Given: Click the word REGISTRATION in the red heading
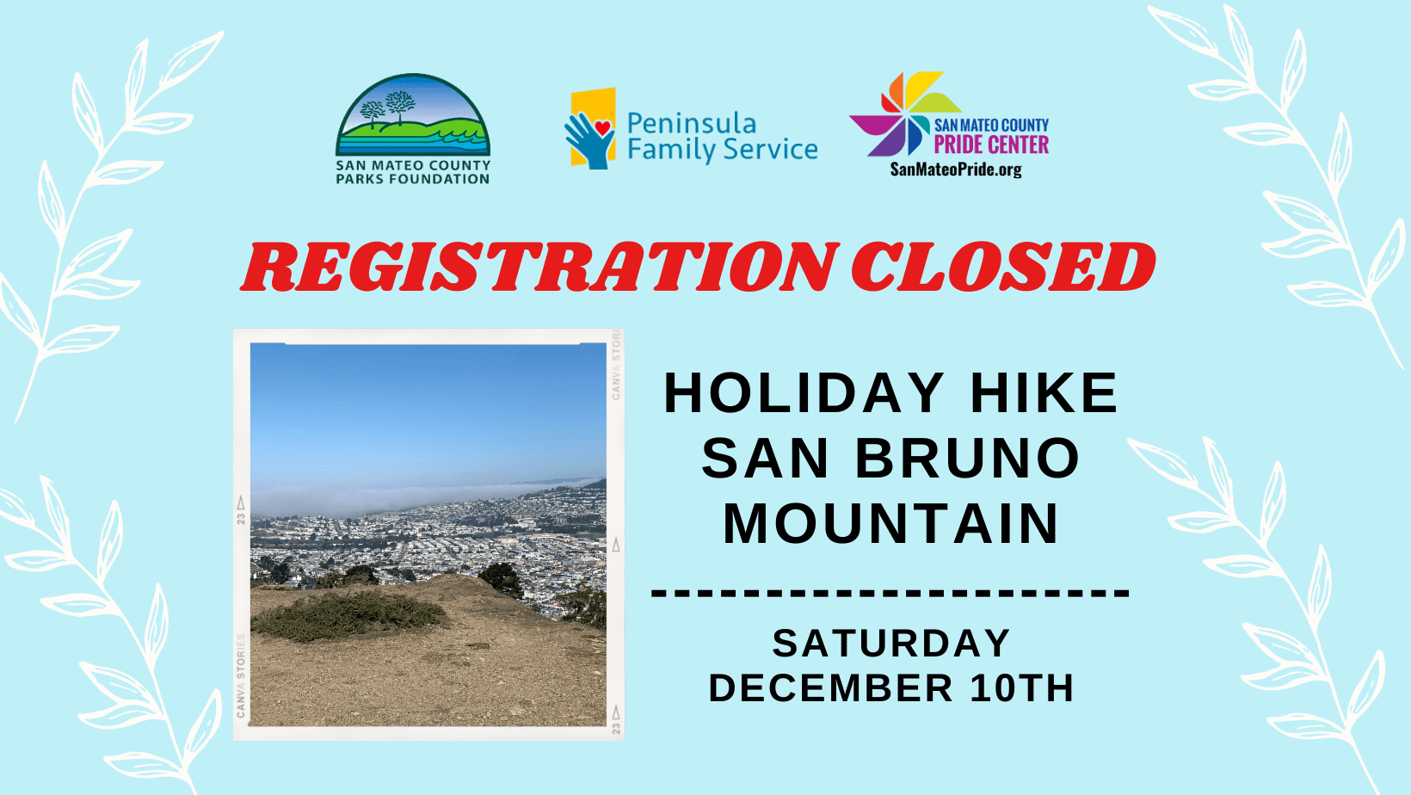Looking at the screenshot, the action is (539, 267).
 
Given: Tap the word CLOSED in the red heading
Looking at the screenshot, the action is (1003, 267).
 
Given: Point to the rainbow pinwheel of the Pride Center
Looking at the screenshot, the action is (904, 114).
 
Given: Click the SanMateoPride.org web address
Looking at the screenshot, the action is (956, 169).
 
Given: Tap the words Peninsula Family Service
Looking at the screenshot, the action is (723, 137).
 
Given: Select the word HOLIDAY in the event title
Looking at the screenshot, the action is (804, 393).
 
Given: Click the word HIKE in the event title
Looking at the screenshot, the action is (1044, 393).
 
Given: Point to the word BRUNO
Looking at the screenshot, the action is (967, 459).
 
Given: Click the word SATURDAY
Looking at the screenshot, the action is (891, 644).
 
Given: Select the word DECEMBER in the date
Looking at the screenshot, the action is (831, 687).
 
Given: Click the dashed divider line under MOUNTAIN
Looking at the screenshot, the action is (890, 593).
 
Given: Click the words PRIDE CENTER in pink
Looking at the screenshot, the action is (991, 145).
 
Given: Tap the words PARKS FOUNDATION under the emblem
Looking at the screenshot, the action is (413, 179).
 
